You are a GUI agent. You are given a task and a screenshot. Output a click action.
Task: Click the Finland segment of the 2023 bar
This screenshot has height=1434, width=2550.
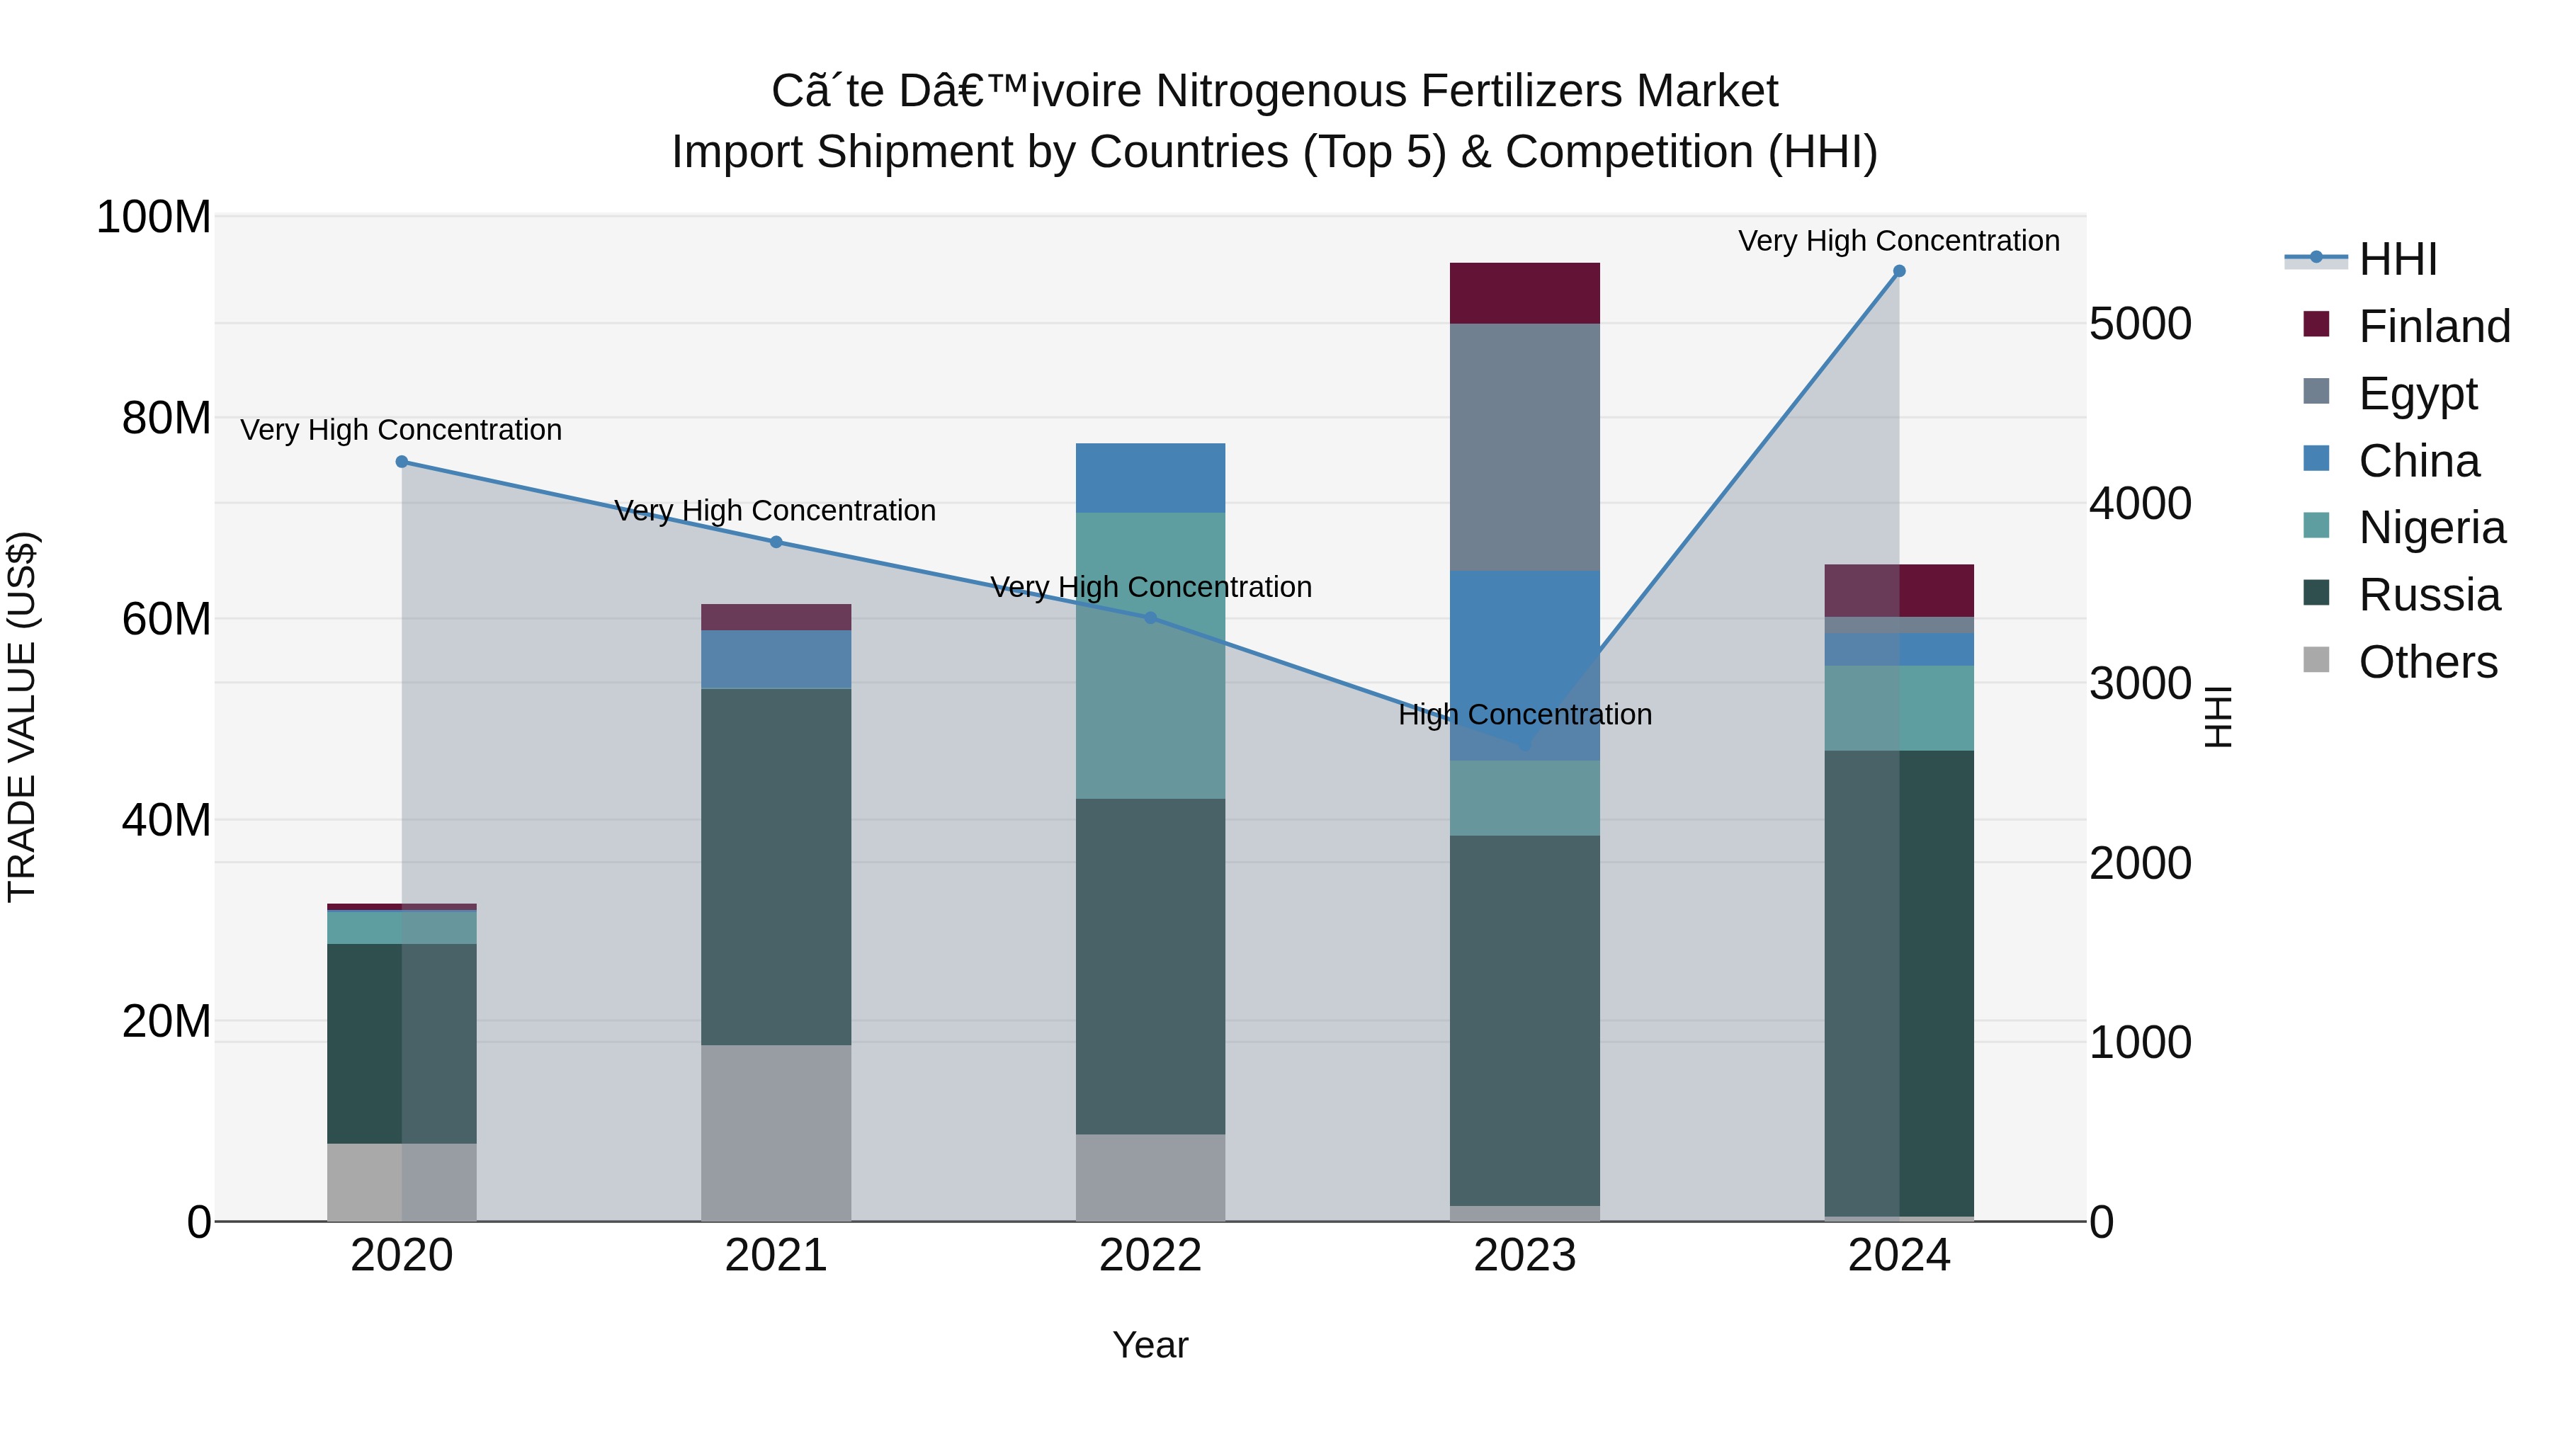coord(1524,293)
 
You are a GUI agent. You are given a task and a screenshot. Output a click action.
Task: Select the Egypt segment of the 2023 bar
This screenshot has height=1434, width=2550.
coord(1524,446)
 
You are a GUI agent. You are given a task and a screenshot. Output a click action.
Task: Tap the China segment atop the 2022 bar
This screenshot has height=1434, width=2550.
coord(1150,477)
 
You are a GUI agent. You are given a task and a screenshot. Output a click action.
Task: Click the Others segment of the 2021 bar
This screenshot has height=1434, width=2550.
coord(776,1132)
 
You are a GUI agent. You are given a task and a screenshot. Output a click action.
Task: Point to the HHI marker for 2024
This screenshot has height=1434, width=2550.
coord(1898,271)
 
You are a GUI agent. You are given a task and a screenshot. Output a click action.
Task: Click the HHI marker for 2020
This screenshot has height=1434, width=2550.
coord(402,461)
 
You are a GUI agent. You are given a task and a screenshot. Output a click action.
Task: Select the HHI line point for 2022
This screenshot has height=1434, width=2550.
coord(1150,618)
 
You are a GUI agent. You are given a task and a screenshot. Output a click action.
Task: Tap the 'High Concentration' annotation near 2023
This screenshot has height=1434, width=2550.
coord(1524,715)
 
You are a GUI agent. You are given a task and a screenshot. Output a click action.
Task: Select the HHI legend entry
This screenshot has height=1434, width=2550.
coord(2396,259)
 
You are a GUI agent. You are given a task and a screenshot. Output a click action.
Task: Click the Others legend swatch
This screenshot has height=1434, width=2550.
coord(2316,660)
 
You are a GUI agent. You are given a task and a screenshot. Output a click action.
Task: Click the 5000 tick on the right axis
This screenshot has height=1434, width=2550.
coord(2140,324)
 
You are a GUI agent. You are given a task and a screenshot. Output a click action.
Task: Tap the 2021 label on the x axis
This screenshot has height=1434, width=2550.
coord(776,1255)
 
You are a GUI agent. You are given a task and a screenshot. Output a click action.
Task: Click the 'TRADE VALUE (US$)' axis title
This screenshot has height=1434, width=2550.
coord(22,717)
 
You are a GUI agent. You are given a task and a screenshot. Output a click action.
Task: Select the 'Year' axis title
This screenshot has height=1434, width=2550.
coord(1150,1345)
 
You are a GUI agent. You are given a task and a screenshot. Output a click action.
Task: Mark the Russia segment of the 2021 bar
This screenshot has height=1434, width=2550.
coord(776,866)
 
